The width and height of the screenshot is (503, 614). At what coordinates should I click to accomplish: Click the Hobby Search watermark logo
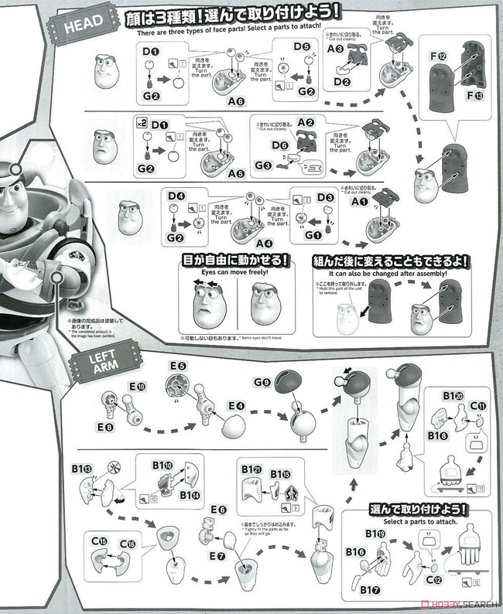pyautogui.click(x=457, y=604)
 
